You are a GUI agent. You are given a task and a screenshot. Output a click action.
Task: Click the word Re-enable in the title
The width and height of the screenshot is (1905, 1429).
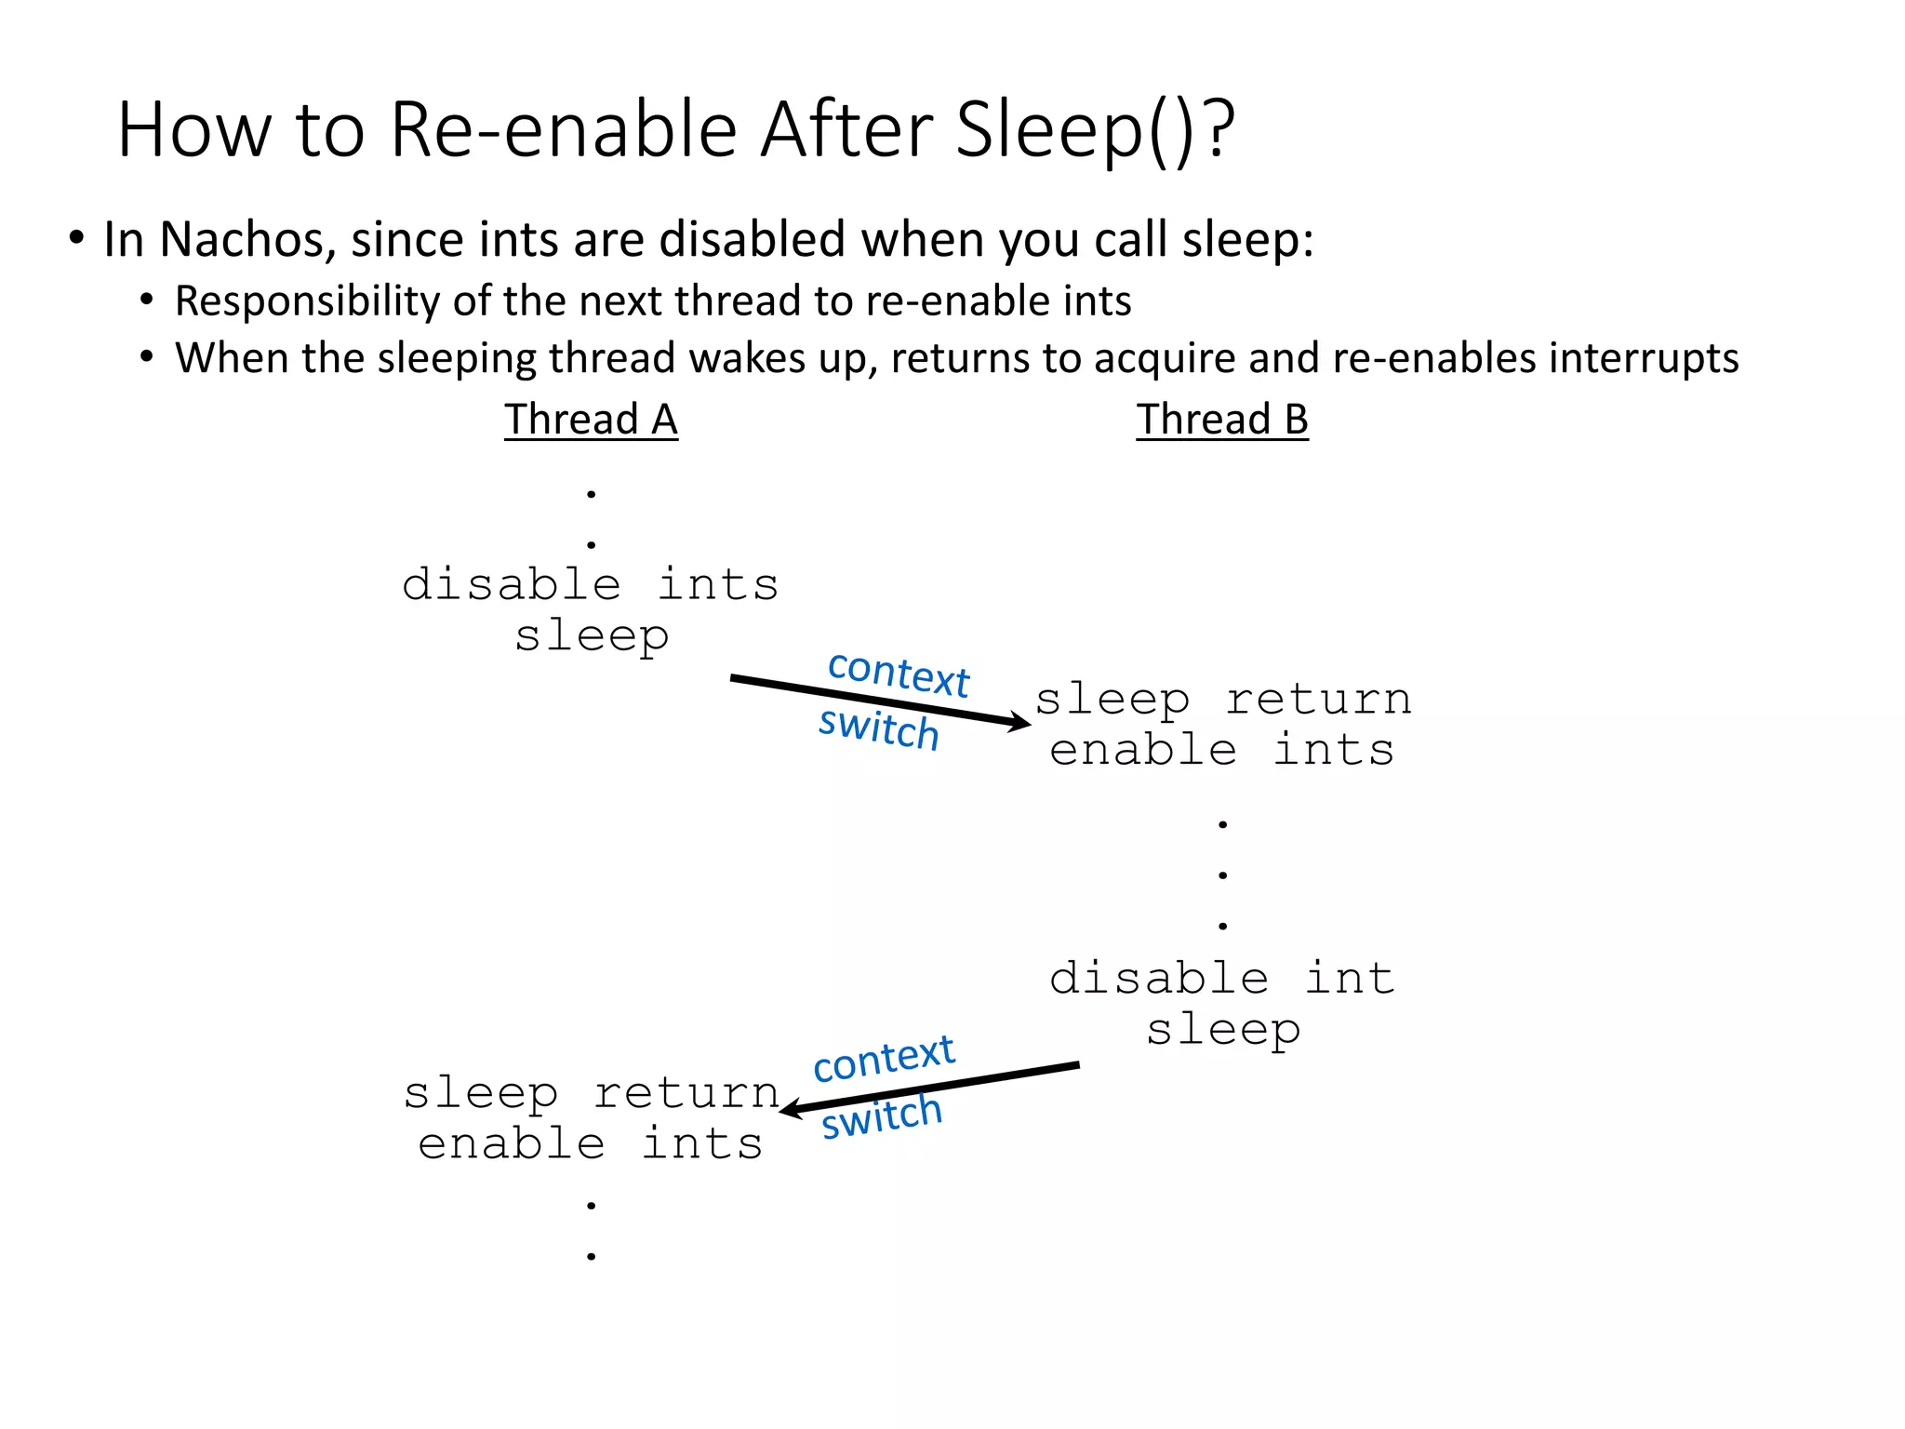564,130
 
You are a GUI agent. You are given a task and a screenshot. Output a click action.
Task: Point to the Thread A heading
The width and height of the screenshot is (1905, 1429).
591,420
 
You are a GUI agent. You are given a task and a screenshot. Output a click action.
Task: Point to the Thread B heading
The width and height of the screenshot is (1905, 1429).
1221,420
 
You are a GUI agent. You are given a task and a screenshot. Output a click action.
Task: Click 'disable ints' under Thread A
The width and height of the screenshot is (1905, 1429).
591,585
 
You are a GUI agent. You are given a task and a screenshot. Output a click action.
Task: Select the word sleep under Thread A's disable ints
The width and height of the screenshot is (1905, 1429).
592,637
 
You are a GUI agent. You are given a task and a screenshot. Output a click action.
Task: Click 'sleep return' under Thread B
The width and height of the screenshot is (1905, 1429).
1223,700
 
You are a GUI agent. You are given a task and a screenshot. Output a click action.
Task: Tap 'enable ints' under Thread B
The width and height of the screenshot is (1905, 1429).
1222,751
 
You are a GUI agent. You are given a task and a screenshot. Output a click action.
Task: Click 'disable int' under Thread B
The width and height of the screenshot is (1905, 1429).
1222,979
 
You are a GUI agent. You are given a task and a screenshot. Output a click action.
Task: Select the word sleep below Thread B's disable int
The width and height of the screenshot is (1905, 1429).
1222,1030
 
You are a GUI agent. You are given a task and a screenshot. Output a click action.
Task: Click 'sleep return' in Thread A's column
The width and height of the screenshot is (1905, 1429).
592,1093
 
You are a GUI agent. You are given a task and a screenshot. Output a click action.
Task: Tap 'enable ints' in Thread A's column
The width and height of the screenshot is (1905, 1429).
591,1144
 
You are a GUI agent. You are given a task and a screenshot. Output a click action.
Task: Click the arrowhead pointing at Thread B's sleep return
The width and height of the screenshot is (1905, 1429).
1022,722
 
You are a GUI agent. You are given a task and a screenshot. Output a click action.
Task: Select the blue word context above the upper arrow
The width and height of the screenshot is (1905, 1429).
898,674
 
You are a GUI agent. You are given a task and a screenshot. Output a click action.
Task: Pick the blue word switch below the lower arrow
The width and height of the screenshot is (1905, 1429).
881,1116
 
